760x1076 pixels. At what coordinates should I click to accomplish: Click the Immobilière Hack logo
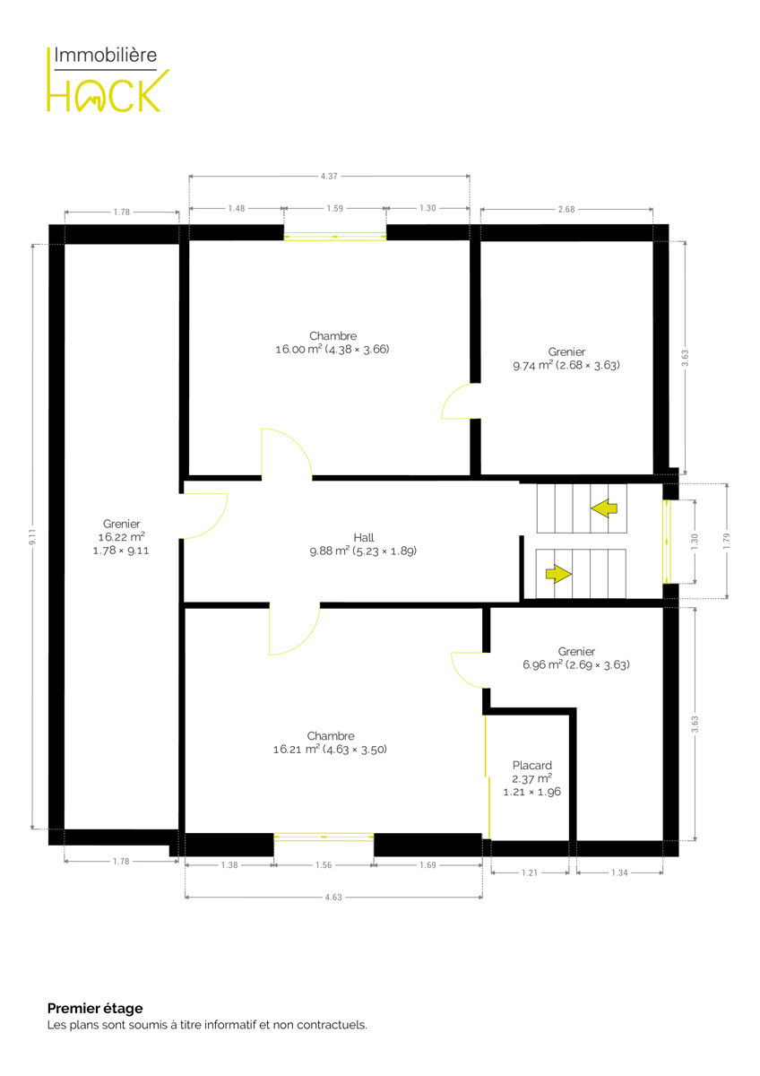tap(108, 79)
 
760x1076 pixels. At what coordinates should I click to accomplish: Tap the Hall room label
tap(363, 544)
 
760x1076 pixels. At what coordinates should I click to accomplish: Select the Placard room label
tap(532, 778)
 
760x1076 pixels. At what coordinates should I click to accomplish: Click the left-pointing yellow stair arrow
tap(604, 508)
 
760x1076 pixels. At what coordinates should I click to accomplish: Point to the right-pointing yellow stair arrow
tap(558, 574)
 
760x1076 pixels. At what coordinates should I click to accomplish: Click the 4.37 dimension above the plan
tap(329, 177)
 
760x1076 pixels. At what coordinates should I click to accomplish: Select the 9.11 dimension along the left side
tap(32, 536)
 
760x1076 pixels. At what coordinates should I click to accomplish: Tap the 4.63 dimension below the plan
tap(333, 898)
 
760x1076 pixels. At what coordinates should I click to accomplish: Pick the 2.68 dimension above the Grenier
tap(566, 210)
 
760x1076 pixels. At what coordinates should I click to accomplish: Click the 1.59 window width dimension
tap(335, 208)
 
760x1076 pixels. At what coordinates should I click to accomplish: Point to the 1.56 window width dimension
tap(324, 865)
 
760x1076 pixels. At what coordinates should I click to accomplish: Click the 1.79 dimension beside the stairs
tap(727, 541)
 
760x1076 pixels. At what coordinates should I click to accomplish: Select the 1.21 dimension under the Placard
tap(530, 872)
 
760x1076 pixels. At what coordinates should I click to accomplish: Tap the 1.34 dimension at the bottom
tap(619, 872)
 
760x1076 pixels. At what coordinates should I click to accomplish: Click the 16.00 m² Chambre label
tap(332, 343)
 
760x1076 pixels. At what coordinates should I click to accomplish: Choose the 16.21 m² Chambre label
tap(331, 742)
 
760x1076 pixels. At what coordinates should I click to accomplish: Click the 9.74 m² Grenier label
tap(566, 359)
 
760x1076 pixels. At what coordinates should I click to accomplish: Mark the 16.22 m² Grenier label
tap(122, 537)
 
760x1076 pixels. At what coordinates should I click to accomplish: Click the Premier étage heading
tap(95, 1008)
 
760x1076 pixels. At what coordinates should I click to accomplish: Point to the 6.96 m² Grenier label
tap(576, 658)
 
